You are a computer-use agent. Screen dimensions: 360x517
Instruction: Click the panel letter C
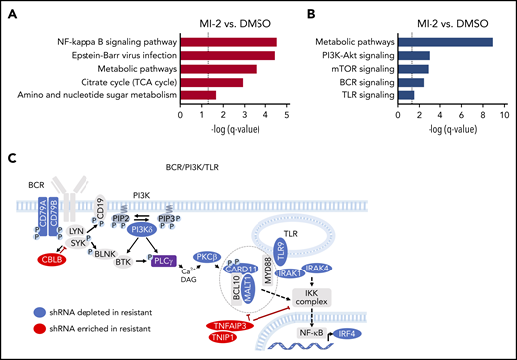pyautogui.click(x=11, y=157)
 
